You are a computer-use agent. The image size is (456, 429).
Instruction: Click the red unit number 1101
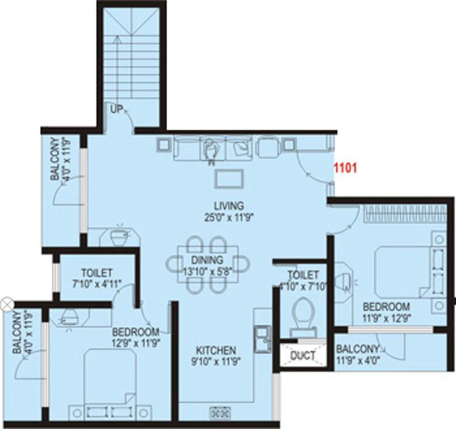click(x=345, y=167)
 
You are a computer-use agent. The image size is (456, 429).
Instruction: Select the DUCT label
click(x=303, y=356)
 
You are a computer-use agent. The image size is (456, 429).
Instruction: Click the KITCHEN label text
click(x=215, y=351)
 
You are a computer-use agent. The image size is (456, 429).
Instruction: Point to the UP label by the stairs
click(x=116, y=109)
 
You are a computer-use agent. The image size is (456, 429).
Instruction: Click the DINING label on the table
click(x=206, y=260)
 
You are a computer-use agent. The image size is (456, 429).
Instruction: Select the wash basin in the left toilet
click(x=118, y=237)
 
